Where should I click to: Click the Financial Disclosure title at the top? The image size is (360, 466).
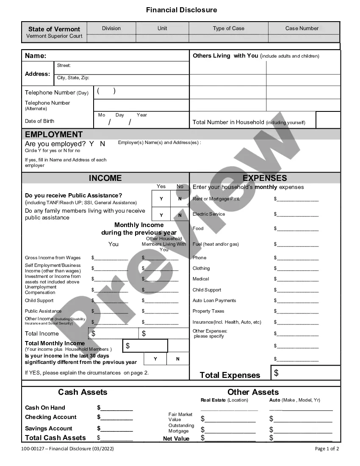point(181,10)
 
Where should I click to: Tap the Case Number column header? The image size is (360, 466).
point(302,28)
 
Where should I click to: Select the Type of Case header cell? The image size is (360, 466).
point(228,28)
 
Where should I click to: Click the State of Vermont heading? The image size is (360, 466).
point(54,29)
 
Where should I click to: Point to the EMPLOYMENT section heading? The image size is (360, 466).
point(54,134)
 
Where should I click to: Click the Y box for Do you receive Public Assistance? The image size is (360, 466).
point(161,199)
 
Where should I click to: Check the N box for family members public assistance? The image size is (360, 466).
point(180,215)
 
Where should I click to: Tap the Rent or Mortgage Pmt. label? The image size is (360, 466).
point(216,199)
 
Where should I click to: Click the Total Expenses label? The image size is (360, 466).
point(230,375)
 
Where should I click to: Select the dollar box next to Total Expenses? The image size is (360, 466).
point(305,373)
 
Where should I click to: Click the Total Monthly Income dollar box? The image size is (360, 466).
point(145,346)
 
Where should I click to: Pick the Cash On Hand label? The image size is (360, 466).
point(45,408)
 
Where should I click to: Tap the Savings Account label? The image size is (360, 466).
point(48,428)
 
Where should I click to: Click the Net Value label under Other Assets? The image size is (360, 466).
point(176,438)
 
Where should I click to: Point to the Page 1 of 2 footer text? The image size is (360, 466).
point(327,449)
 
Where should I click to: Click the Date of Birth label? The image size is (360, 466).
point(39,121)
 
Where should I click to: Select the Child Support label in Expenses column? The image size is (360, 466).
point(207,290)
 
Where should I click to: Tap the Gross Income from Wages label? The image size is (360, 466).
point(53,258)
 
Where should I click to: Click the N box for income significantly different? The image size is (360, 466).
point(177,359)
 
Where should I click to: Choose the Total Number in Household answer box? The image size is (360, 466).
point(328,120)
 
